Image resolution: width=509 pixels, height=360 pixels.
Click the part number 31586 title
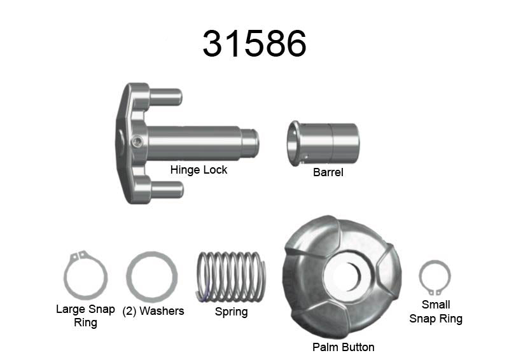click(254, 44)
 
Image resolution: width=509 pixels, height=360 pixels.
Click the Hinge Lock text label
click(199, 170)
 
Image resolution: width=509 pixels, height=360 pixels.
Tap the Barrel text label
click(328, 172)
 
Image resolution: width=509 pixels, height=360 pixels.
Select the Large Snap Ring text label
click(85, 315)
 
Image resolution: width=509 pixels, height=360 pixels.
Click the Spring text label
click(231, 312)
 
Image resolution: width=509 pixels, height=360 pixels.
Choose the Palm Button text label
click(343, 347)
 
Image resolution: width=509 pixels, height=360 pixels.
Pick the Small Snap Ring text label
click(436, 312)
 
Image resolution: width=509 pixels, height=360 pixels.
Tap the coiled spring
click(231, 277)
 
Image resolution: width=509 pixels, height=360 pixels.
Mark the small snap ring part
click(435, 278)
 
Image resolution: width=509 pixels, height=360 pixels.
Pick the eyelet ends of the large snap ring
click(78, 256)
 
